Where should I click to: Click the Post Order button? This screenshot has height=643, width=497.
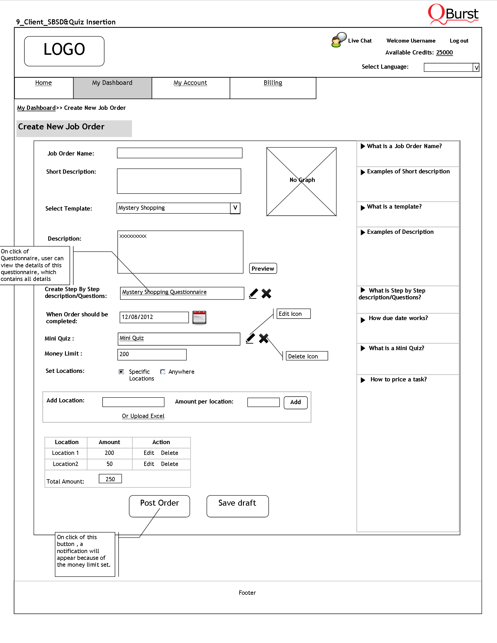point(159,506)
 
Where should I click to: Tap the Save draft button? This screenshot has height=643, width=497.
point(237,506)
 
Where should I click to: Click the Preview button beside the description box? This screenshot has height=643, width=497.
point(263,268)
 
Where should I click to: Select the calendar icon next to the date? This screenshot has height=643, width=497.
point(199,317)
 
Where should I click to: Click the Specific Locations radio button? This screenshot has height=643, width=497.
point(121,371)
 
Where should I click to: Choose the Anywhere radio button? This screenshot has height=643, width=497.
point(163,371)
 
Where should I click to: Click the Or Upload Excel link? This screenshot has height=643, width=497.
point(143,416)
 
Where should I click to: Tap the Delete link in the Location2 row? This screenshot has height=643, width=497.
point(169,464)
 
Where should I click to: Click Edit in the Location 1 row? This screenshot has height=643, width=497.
point(149,453)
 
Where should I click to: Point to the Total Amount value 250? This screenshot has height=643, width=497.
point(110,479)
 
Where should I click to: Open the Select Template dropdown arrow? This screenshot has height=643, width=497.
point(235,208)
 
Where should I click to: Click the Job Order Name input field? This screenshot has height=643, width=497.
point(180,153)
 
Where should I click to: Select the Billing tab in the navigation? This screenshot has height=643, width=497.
point(273,83)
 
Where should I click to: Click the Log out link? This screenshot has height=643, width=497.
point(459,41)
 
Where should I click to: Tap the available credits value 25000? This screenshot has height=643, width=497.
point(444,52)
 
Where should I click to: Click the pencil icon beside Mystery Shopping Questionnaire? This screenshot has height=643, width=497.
point(253,293)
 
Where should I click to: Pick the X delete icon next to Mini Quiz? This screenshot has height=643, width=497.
point(263,338)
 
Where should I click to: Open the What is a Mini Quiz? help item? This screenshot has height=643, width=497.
point(396,348)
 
